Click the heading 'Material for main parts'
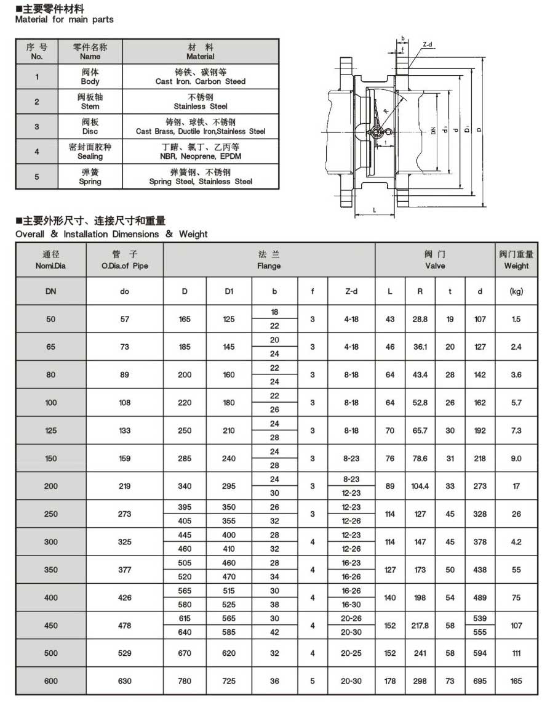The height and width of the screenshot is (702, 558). click(64, 20)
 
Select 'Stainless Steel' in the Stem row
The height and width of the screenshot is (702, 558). click(200, 107)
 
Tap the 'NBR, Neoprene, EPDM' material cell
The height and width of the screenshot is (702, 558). click(200, 156)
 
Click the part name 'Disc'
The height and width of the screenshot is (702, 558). click(89, 131)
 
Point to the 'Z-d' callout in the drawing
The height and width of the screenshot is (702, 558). click(428, 44)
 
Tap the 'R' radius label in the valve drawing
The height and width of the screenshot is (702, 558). click(386, 111)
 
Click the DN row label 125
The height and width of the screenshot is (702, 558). click(50, 430)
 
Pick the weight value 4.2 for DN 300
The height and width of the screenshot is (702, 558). click(516, 542)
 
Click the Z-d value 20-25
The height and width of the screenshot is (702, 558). click(351, 653)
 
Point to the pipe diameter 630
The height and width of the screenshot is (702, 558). click(124, 681)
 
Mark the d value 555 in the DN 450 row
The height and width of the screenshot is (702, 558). click(480, 632)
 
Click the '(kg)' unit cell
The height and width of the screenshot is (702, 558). click(516, 291)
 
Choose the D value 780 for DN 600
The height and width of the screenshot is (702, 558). click(185, 681)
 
